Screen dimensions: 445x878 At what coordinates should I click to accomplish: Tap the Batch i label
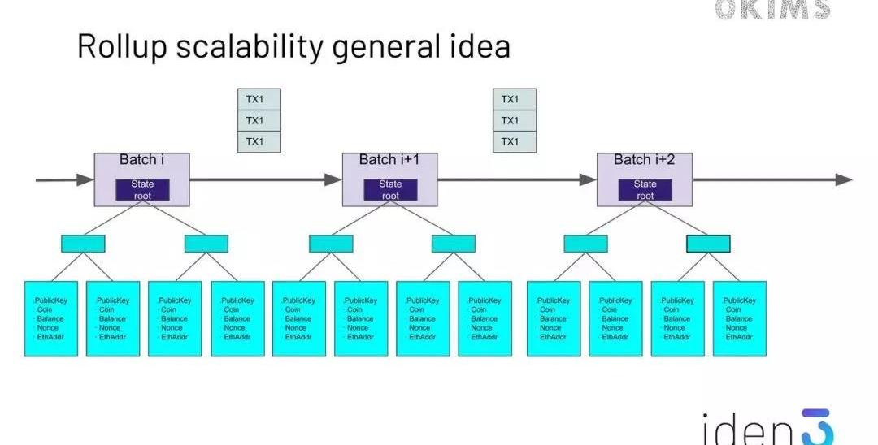click(142, 160)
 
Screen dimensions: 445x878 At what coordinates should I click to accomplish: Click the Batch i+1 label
click(389, 160)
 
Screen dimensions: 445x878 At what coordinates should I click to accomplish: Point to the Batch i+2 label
click(644, 160)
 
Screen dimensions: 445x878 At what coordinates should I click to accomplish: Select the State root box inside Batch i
click(142, 190)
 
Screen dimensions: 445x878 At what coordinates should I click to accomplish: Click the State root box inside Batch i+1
click(390, 190)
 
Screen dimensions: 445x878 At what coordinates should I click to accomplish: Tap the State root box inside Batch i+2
click(645, 190)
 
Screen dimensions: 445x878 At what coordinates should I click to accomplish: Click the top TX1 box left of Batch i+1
click(259, 100)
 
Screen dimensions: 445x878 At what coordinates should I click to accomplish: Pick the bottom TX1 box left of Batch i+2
click(514, 142)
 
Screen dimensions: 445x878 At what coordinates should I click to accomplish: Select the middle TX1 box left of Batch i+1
click(259, 121)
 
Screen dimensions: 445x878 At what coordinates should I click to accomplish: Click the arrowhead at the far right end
click(844, 179)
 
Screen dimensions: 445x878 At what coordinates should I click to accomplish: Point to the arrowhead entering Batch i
click(85, 179)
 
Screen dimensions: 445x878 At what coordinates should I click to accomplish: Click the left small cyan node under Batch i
click(83, 243)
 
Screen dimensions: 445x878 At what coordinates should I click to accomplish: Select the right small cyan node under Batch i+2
click(708, 243)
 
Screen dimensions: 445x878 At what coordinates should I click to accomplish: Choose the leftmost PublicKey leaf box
click(50, 318)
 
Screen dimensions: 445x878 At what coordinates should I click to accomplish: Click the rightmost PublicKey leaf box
click(740, 318)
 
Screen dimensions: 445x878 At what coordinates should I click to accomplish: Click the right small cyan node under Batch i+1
click(454, 243)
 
